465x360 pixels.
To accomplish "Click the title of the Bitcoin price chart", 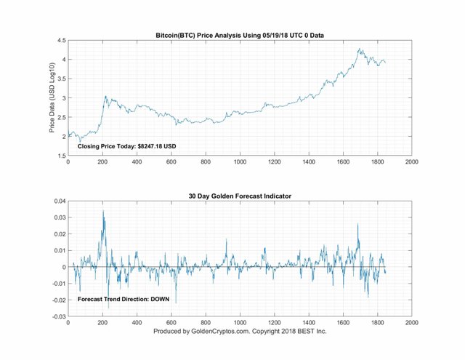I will [239, 34].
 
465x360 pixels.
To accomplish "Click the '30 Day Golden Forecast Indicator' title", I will [239, 195].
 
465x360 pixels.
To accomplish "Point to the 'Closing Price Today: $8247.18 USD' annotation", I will [127, 147].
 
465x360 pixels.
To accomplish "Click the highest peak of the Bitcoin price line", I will [359, 49].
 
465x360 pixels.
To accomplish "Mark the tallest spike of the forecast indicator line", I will [103, 211].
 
